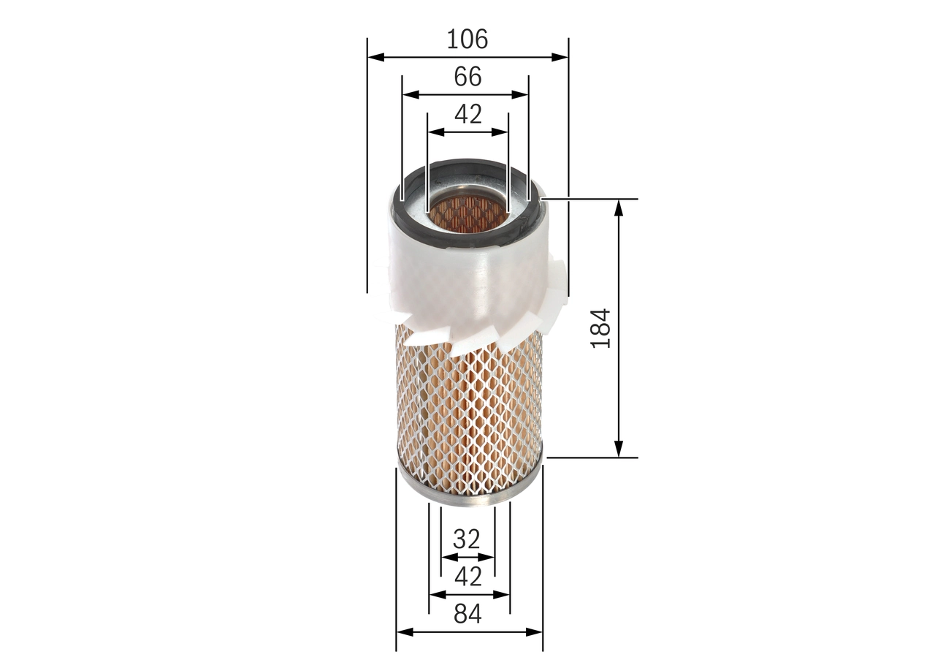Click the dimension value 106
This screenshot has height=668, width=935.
[467, 39]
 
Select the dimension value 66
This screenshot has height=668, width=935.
[467, 76]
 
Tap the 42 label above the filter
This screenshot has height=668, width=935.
[467, 114]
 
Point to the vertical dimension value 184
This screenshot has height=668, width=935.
[600, 327]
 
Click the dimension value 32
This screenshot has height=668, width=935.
[467, 539]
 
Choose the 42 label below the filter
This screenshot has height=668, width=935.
[467, 577]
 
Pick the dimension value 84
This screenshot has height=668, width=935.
[467, 615]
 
